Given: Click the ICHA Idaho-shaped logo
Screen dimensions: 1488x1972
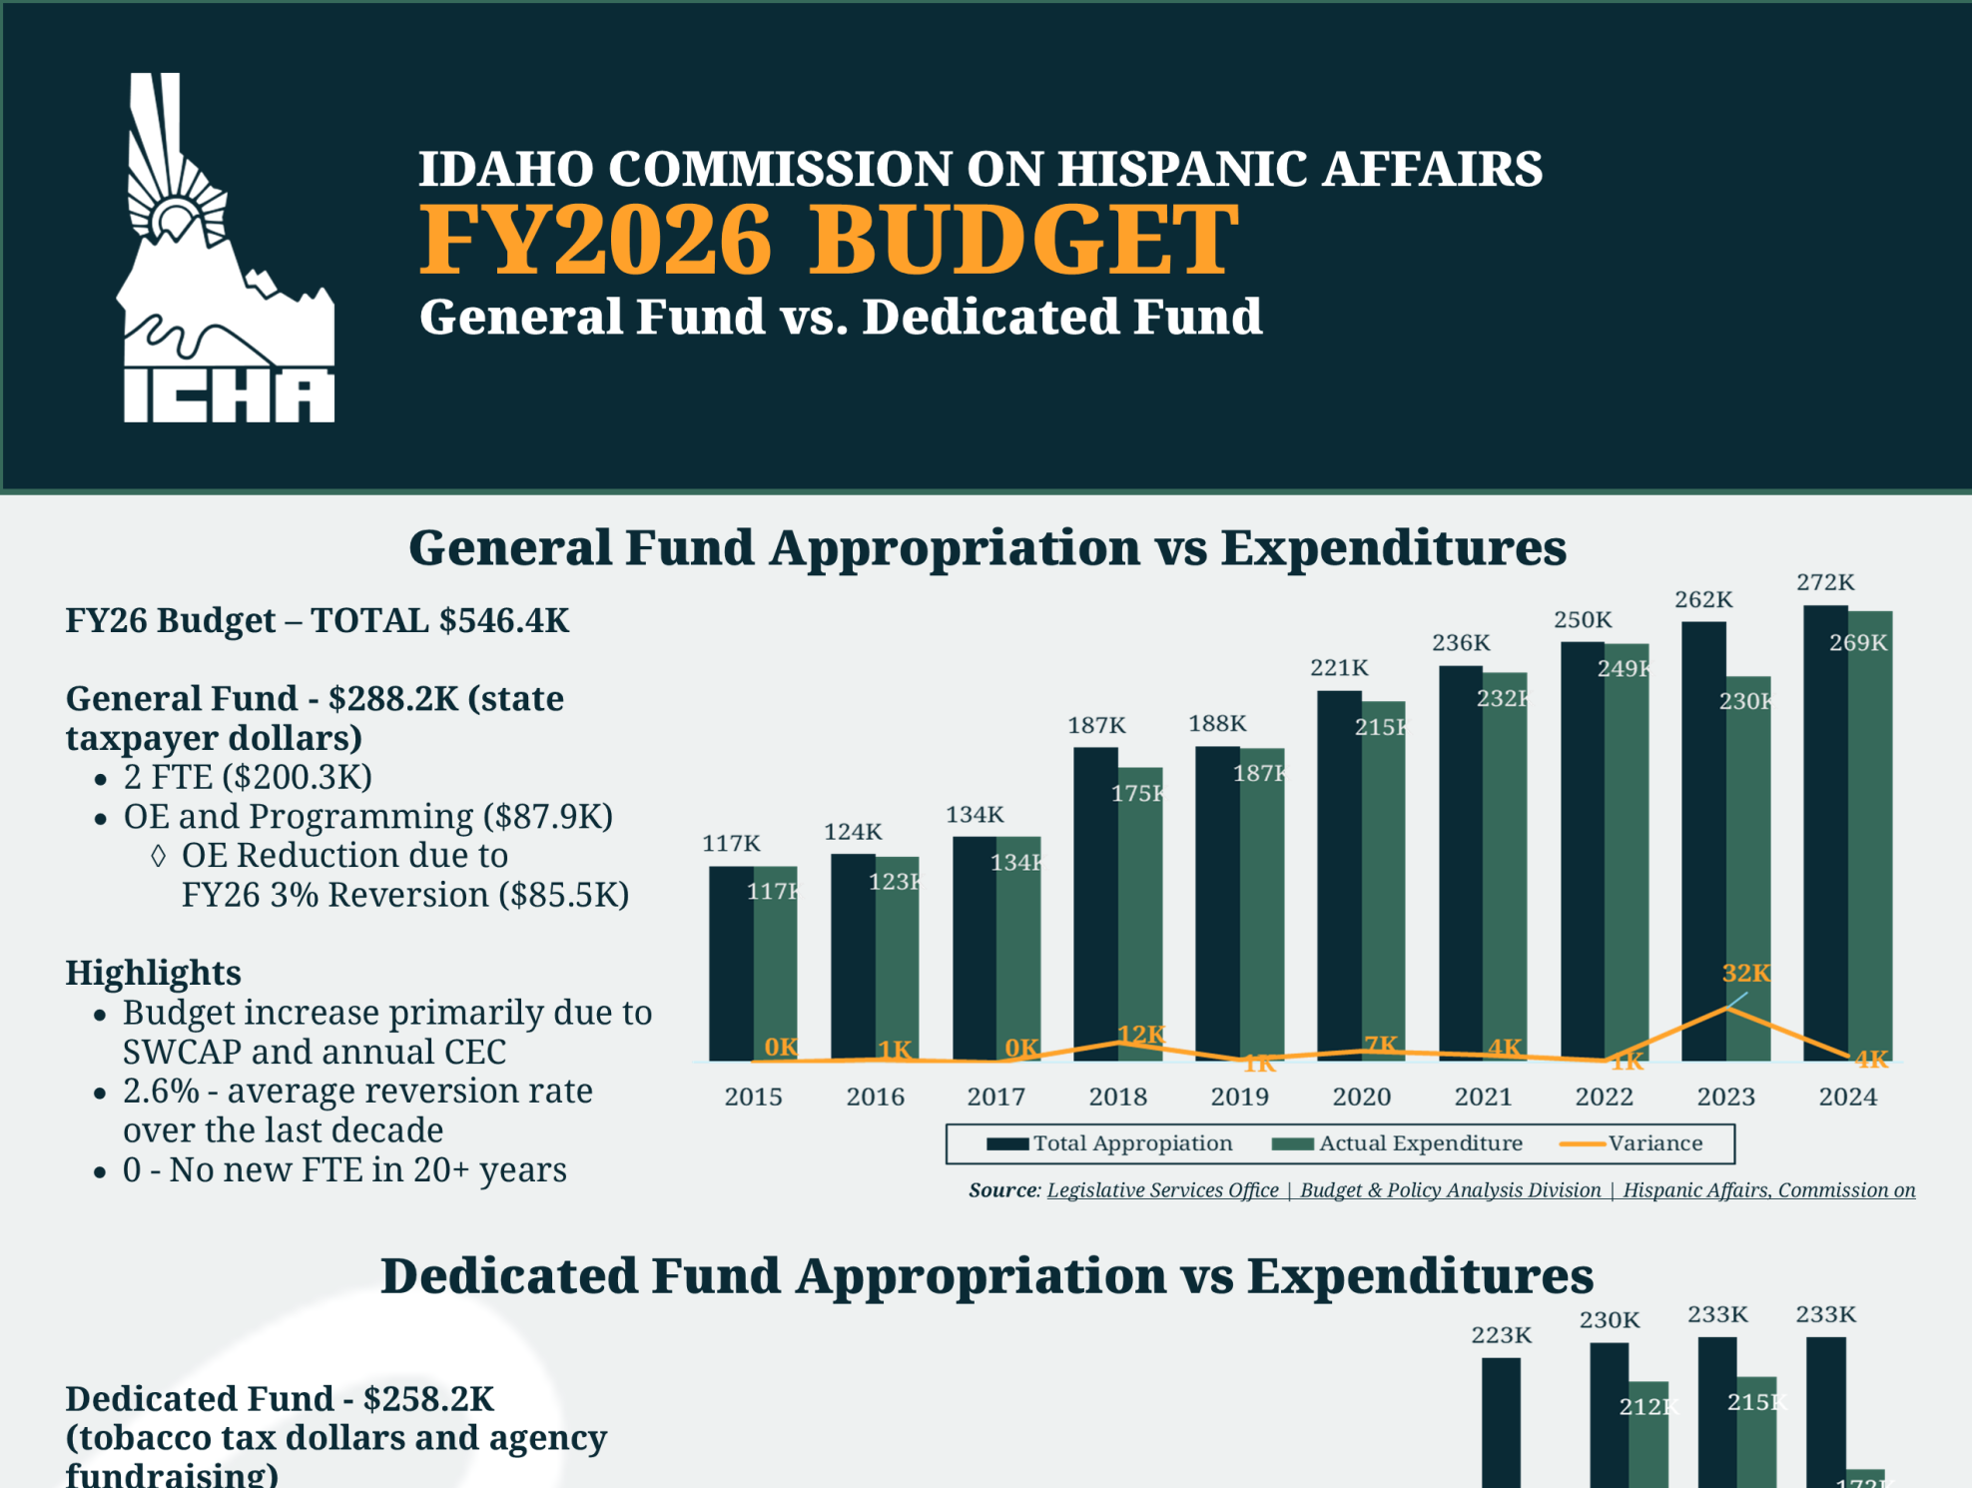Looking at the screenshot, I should pyautogui.click(x=228, y=250).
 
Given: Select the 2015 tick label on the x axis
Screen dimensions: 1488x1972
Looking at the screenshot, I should pyautogui.click(x=753, y=1097).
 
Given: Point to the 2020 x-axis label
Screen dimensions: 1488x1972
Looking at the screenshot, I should pyautogui.click(x=1361, y=1097).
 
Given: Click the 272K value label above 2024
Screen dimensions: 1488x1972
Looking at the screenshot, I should pyautogui.click(x=1825, y=582).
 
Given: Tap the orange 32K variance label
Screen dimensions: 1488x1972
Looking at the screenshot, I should pyautogui.click(x=1745, y=973).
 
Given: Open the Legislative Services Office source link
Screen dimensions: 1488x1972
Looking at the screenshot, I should pyautogui.click(x=1162, y=1190).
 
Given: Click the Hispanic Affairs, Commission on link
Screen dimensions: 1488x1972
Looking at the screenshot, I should pyautogui.click(x=1768, y=1190).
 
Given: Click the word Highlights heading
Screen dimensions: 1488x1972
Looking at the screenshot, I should pyautogui.click(x=153, y=973).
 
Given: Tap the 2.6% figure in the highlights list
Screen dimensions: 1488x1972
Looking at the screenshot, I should pyautogui.click(x=161, y=1092).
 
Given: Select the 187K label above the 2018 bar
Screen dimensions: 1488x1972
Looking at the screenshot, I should pyautogui.click(x=1096, y=725).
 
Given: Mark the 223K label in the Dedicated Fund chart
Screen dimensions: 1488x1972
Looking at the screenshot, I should pyautogui.click(x=1501, y=1335).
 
